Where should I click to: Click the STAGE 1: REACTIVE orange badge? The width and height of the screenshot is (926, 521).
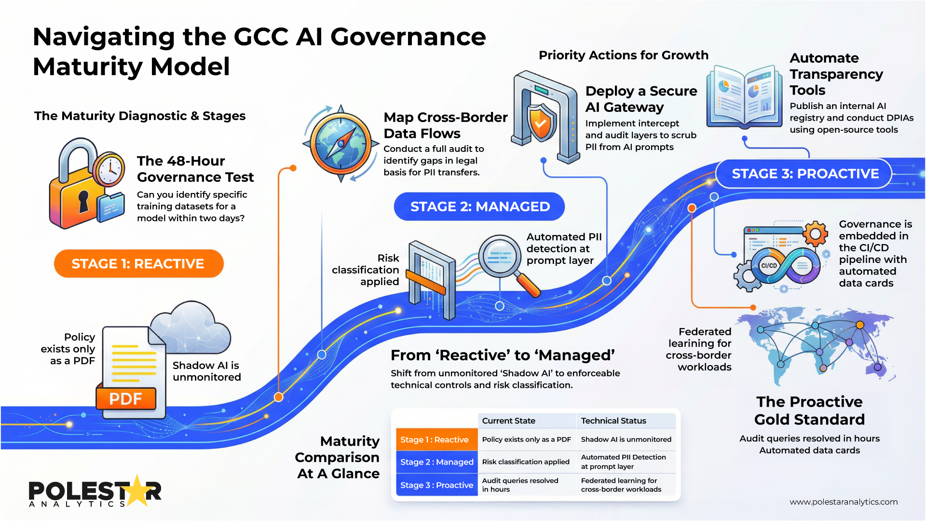[x=138, y=263]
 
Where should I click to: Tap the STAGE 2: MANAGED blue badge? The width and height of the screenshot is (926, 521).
[x=479, y=206]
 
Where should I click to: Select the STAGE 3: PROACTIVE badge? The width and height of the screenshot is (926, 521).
[x=804, y=174]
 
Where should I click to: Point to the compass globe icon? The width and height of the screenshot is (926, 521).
[x=340, y=143]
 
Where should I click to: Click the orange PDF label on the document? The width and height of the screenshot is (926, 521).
[x=126, y=399]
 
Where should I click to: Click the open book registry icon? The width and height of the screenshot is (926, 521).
[x=744, y=96]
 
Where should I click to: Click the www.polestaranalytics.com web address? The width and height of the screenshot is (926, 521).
[x=844, y=502]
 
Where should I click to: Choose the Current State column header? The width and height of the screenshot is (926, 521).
[x=508, y=421]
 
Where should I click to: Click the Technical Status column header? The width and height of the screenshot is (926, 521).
[x=613, y=421]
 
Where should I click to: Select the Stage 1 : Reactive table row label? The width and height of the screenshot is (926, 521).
[x=435, y=439]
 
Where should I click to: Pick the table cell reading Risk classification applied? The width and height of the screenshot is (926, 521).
[x=526, y=462]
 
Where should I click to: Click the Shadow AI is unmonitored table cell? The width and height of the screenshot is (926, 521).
[x=626, y=439]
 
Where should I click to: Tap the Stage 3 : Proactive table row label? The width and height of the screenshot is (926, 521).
[x=436, y=485]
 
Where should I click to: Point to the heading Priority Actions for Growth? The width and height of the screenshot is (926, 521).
[x=623, y=55]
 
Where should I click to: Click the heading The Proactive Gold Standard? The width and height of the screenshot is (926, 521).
[x=809, y=411]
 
